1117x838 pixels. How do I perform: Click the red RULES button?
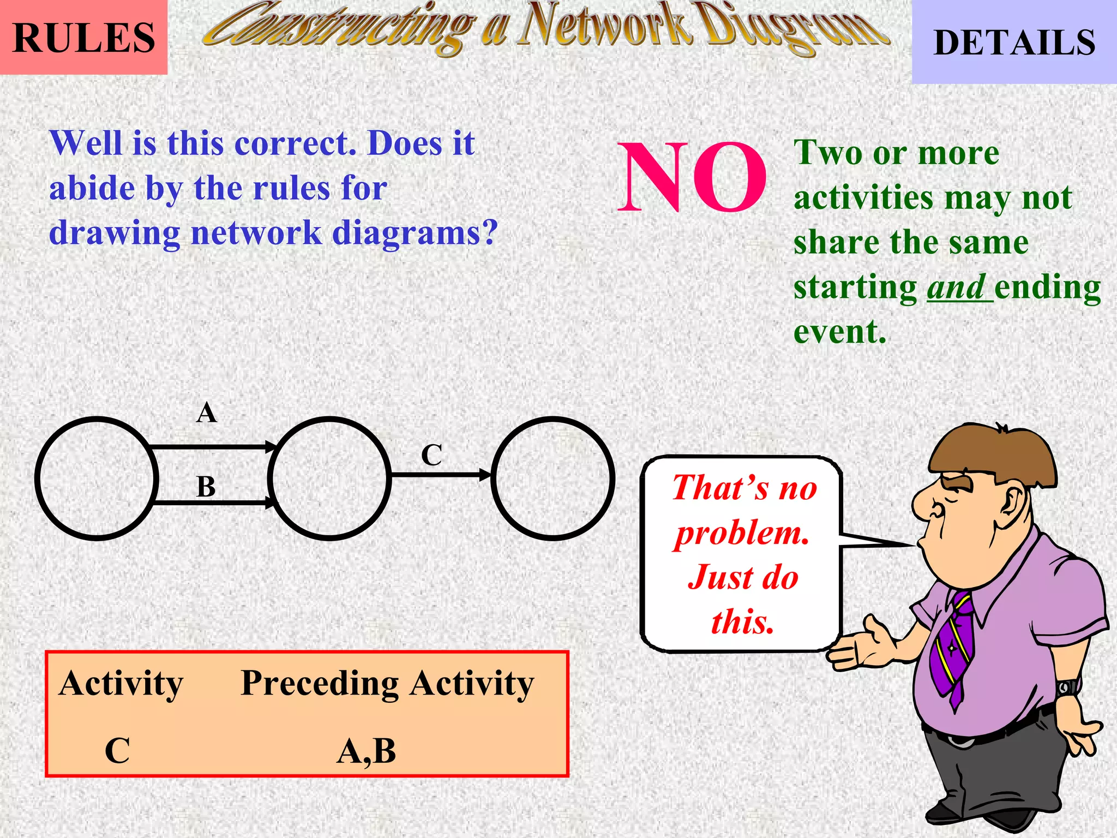[83, 37]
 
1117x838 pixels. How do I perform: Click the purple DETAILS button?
[1014, 43]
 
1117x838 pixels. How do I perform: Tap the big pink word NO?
[692, 177]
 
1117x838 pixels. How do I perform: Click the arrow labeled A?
[213, 447]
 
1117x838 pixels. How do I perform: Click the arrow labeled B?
[213, 502]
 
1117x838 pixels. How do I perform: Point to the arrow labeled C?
[440, 475]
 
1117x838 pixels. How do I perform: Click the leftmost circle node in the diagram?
[97, 478]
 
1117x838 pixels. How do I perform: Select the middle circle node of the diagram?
[329, 478]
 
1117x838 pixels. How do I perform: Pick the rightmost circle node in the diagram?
[553, 478]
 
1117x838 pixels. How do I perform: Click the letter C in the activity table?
[117, 751]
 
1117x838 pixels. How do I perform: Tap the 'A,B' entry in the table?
[366, 751]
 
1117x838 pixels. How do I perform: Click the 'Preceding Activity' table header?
[387, 683]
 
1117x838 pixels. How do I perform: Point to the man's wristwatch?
[1068, 687]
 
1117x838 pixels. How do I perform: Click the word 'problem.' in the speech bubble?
[742, 533]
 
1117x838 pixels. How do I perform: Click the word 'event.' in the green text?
[839, 332]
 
